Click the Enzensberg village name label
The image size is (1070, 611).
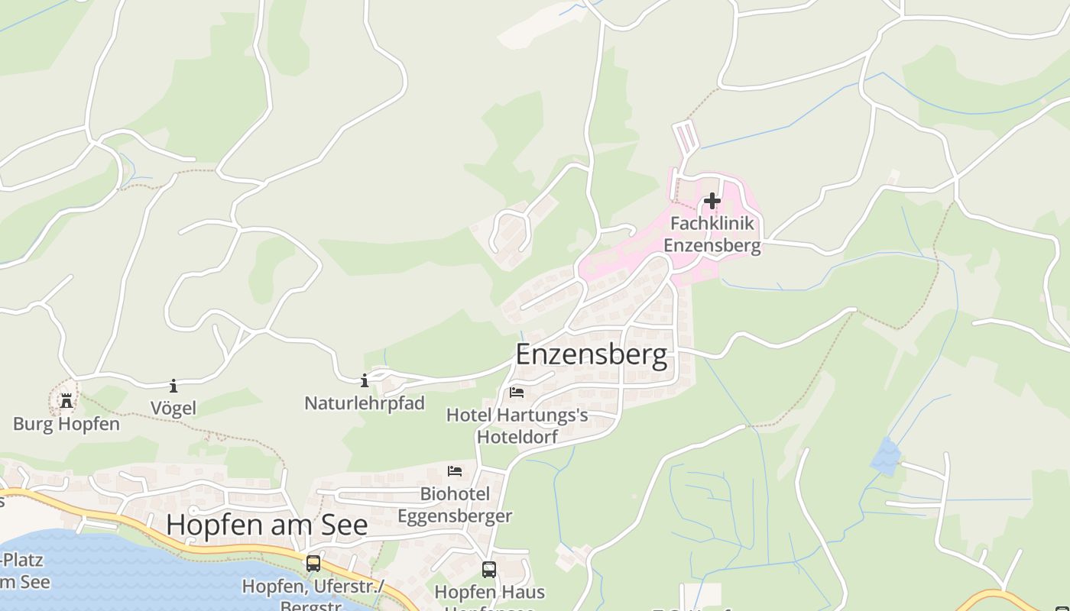click(591, 355)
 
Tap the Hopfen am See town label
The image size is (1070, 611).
click(267, 525)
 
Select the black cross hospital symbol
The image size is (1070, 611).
click(712, 201)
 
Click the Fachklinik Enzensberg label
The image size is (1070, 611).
click(712, 234)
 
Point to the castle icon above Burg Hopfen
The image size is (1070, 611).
click(66, 400)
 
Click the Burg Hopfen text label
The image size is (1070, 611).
click(66, 424)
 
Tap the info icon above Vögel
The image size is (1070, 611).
click(173, 386)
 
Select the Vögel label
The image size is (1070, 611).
click(173, 408)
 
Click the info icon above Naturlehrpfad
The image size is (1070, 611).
click(365, 380)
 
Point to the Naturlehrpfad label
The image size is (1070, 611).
click(365, 402)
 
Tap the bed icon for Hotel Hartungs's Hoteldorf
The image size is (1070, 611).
click(517, 393)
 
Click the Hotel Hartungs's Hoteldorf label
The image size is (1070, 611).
click(517, 425)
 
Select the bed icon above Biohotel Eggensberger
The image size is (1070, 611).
click(455, 471)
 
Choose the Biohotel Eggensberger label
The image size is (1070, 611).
click(455, 505)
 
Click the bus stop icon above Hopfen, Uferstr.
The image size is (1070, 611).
click(313, 564)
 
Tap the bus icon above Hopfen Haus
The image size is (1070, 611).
click(489, 569)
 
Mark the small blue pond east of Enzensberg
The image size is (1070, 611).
click(885, 456)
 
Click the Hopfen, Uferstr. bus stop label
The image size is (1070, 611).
click(313, 587)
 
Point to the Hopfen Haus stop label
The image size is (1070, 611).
click(489, 592)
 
